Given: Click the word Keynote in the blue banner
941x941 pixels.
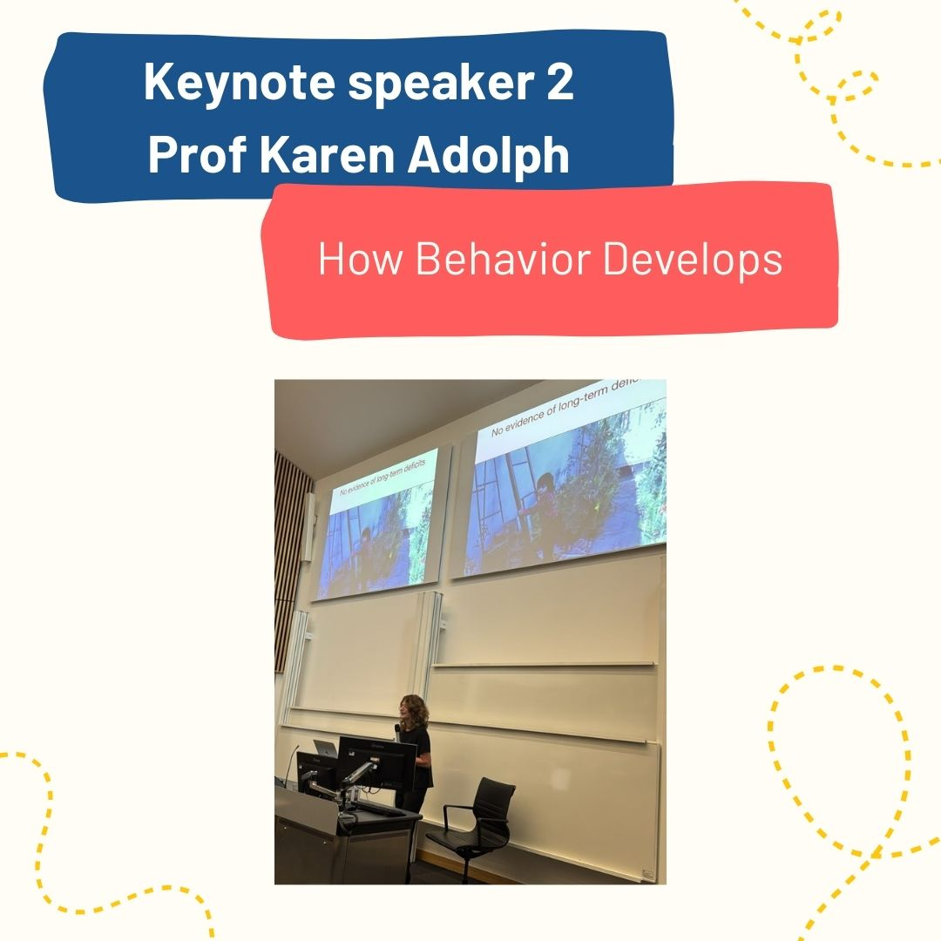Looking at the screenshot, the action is (239, 82).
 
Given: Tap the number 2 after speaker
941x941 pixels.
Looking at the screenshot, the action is (560, 82).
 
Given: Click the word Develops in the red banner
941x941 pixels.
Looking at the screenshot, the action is (693, 261).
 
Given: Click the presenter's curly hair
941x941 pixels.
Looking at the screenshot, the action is (414, 712).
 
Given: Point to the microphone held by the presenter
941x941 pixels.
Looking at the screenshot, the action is (397, 731).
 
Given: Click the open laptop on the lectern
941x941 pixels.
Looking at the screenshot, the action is (325, 749).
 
